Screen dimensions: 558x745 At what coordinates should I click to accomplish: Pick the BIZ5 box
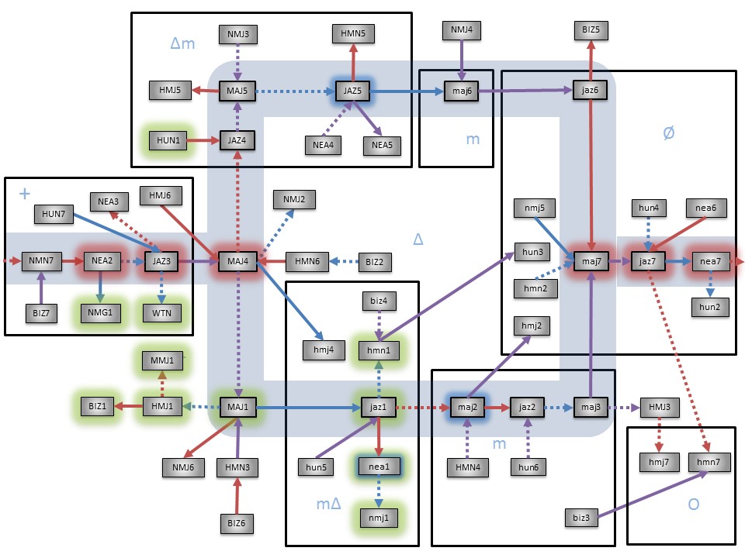coord(591,30)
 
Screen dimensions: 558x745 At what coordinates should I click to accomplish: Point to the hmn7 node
coord(709,463)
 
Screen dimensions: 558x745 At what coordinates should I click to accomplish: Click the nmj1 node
coord(379,514)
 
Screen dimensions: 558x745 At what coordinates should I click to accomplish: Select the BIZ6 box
coord(237,522)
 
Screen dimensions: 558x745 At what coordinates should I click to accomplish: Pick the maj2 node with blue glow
coord(466,406)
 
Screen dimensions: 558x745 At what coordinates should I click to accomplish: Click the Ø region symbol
coord(670,133)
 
